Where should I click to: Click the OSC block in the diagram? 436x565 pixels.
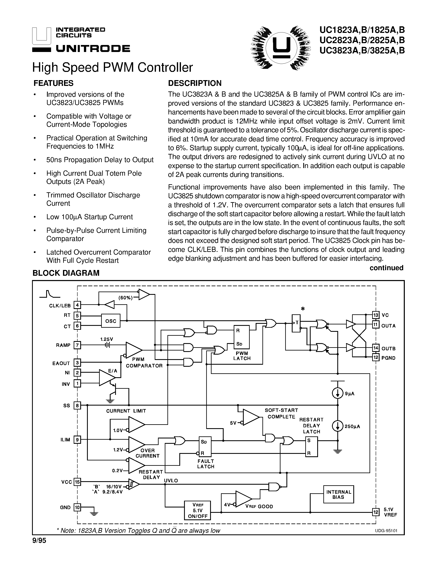(111, 321)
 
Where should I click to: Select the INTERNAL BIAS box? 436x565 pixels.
(338, 494)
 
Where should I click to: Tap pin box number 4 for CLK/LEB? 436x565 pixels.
(77, 305)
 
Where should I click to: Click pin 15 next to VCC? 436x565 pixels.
(77, 482)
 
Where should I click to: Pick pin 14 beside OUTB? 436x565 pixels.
(375, 348)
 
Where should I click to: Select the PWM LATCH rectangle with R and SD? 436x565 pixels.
(242, 337)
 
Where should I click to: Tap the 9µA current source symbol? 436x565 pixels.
(337, 394)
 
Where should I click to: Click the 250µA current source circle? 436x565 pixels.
(337, 426)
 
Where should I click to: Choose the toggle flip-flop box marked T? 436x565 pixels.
(296, 323)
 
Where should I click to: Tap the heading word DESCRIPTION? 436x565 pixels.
(195, 83)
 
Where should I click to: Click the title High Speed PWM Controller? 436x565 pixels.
(112, 68)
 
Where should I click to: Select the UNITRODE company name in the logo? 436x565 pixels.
(93, 49)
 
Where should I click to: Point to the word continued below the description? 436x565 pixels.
(386, 268)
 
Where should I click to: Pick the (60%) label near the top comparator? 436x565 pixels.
(125, 298)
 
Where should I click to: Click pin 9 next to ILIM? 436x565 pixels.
(77, 439)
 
